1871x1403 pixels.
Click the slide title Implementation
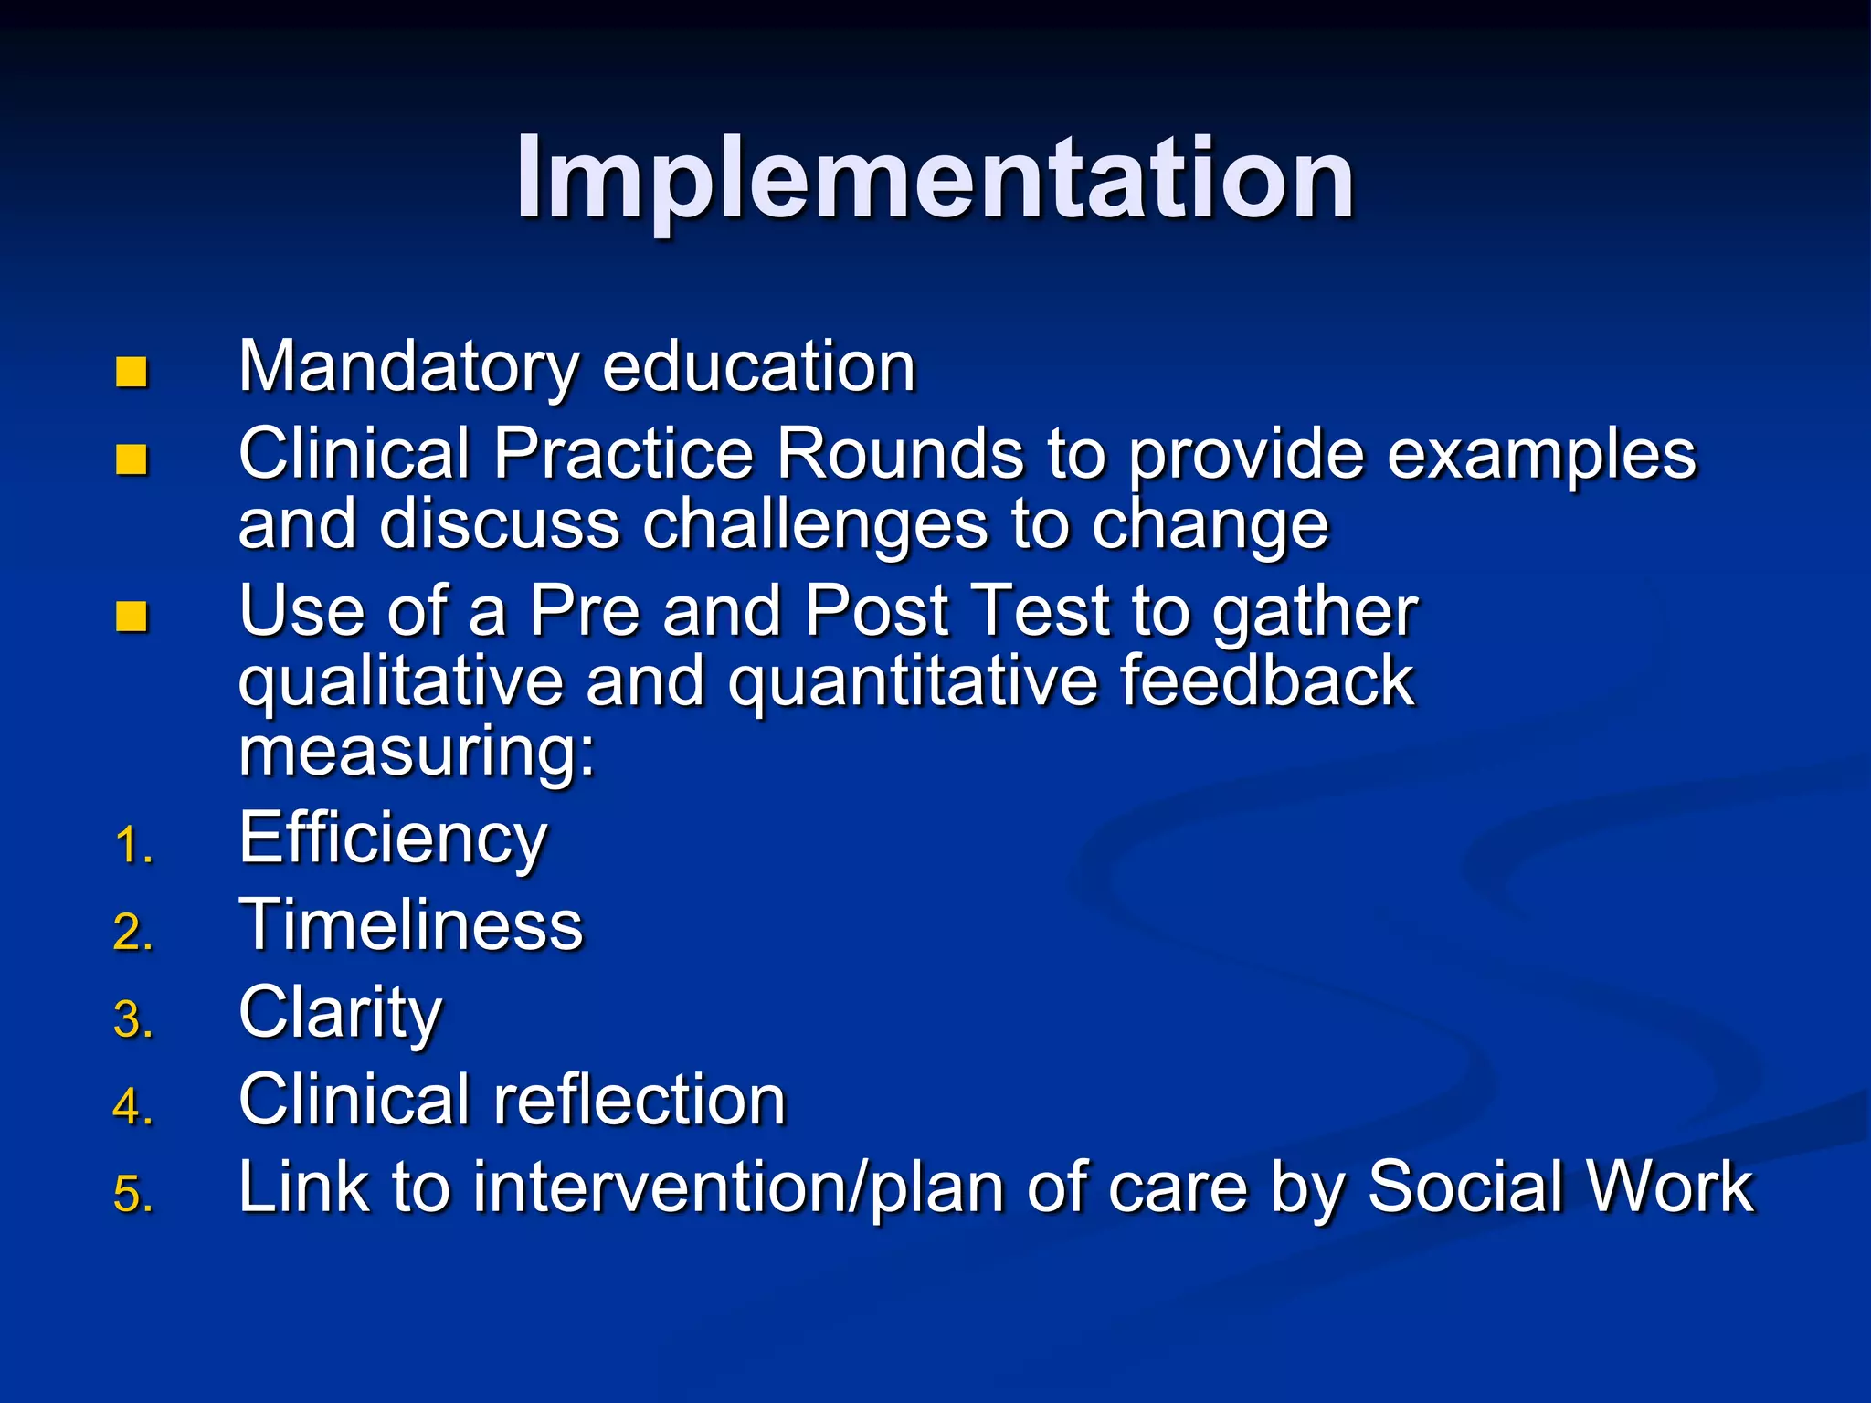[935, 178]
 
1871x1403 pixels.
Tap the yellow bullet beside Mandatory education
[132, 372]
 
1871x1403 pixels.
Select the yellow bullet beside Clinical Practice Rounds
[132, 459]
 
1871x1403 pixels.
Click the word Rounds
[900, 453]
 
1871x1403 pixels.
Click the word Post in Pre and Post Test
[876, 610]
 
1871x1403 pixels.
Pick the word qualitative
[401, 681]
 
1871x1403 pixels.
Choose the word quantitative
[912, 681]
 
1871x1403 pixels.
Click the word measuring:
[417, 752]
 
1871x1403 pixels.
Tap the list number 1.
[133, 845]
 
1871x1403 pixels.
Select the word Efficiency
[393, 839]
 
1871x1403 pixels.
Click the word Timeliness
[410, 924]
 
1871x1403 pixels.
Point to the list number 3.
[133, 1019]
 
